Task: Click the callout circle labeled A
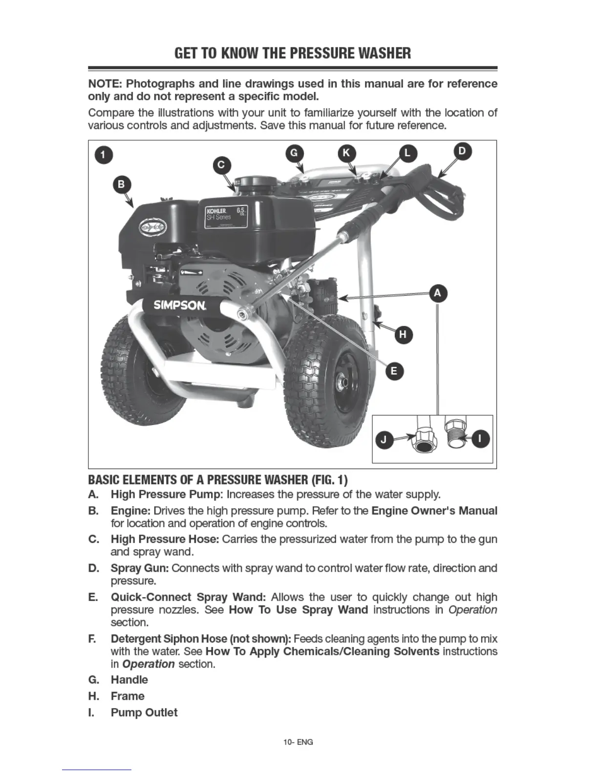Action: coord(437,293)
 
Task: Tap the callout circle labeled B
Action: coord(121,185)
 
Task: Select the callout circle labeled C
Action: coord(221,165)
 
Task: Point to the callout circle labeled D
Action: coord(462,151)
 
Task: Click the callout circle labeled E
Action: coord(394,371)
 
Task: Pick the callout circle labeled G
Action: coord(294,152)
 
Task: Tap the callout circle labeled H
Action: coord(403,334)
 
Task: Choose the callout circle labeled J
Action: coord(384,440)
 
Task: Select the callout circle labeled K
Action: coord(346,152)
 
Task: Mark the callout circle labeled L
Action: coord(407,153)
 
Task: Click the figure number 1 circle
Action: coord(103,155)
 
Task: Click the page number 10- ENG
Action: coord(298,742)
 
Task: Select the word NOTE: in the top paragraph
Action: coord(105,84)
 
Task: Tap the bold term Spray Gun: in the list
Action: coord(140,568)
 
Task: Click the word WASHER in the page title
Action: coord(384,53)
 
